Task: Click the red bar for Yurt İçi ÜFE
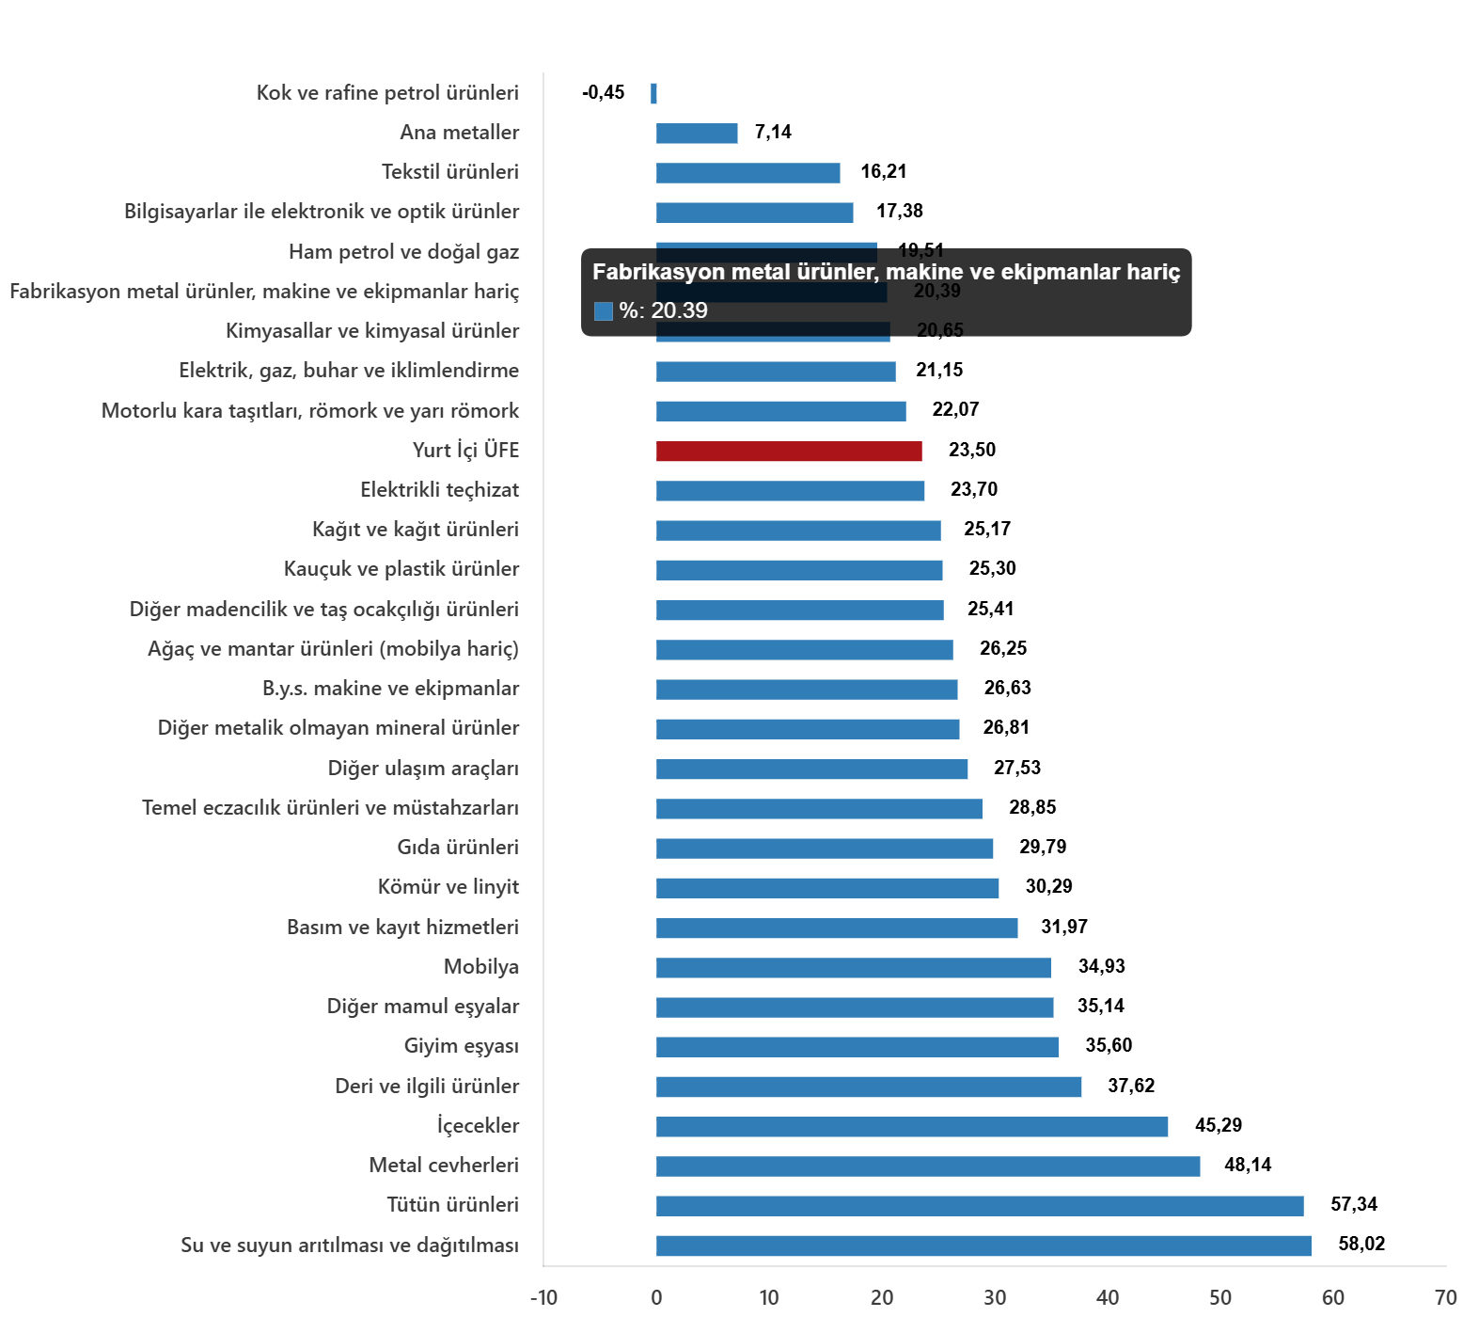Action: click(789, 452)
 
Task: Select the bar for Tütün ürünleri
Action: click(980, 1206)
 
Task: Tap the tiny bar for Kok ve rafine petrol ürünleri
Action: click(653, 93)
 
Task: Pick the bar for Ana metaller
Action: click(697, 134)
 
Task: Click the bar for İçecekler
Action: click(912, 1127)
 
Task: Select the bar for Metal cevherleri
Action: click(928, 1166)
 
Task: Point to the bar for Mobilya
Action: click(853, 968)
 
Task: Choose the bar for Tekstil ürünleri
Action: click(747, 173)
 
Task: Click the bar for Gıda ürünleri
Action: click(825, 849)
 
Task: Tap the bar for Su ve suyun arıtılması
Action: click(983, 1246)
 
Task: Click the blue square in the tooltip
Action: click(604, 311)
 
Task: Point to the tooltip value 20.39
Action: click(679, 310)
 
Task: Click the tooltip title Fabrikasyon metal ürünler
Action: click(886, 272)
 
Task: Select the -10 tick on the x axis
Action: click(543, 1298)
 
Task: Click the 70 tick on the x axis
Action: click(1445, 1298)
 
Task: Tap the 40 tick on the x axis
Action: click(1108, 1298)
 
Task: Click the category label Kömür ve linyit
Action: click(448, 887)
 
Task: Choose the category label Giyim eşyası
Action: click(461, 1046)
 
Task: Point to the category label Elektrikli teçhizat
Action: click(439, 490)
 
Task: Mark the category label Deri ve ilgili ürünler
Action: click(426, 1087)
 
